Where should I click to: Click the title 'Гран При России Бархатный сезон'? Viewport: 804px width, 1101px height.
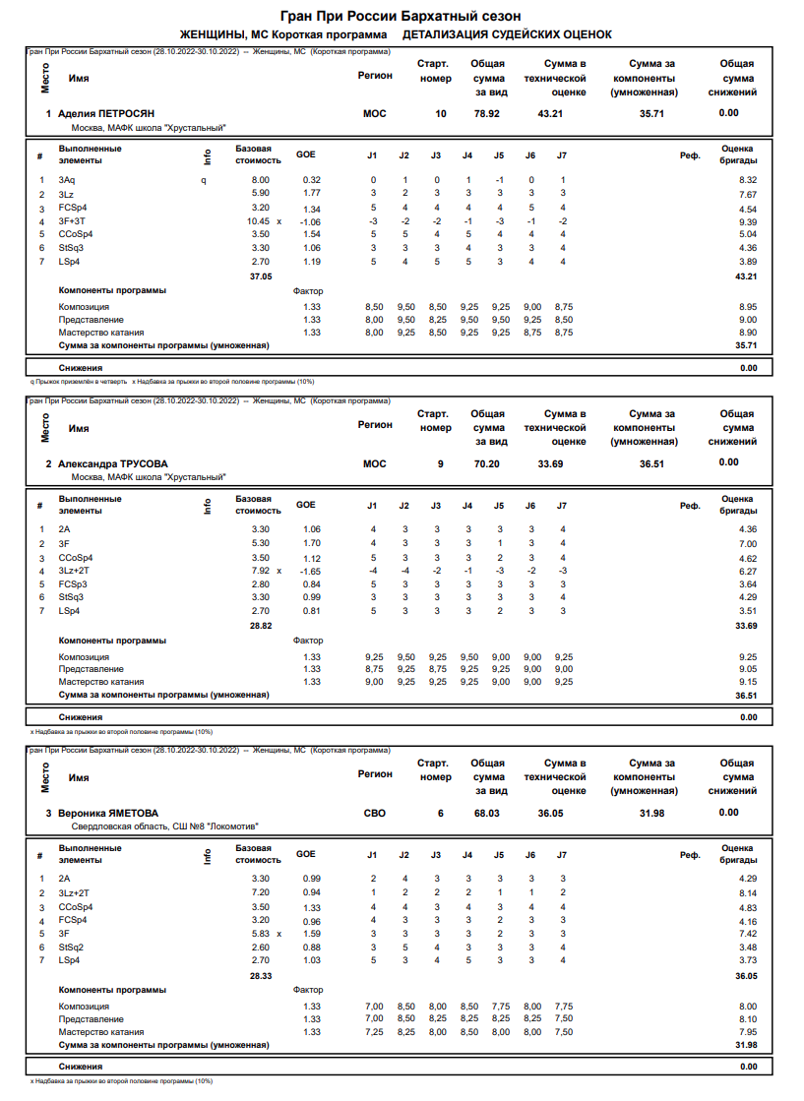pyautogui.click(x=401, y=16)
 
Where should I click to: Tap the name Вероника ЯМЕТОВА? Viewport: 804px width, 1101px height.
pyautogui.click(x=108, y=813)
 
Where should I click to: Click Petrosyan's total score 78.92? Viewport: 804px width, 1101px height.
pyautogui.click(x=487, y=114)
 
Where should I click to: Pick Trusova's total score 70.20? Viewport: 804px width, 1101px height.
pyautogui.click(x=487, y=463)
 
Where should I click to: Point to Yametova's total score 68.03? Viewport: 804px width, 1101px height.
pyautogui.click(x=487, y=813)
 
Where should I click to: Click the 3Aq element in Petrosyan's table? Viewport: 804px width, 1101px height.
pyautogui.click(x=66, y=180)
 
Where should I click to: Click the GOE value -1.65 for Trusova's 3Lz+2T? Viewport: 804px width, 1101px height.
pyautogui.click(x=309, y=571)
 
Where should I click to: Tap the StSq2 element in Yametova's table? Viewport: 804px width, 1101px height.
pyautogui.click(x=71, y=947)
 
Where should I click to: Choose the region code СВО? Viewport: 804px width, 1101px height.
pyautogui.click(x=375, y=813)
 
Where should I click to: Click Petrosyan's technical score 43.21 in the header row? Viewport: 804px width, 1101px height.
pyautogui.click(x=550, y=114)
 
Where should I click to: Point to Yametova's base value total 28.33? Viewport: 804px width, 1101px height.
pyautogui.click(x=260, y=976)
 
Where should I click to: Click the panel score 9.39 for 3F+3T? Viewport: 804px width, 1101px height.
pyautogui.click(x=747, y=221)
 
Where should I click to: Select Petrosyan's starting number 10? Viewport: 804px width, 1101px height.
pyautogui.click(x=440, y=114)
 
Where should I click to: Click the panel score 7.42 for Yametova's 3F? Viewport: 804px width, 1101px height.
pyautogui.click(x=747, y=933)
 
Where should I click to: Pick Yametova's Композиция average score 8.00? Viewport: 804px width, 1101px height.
pyautogui.click(x=747, y=1007)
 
